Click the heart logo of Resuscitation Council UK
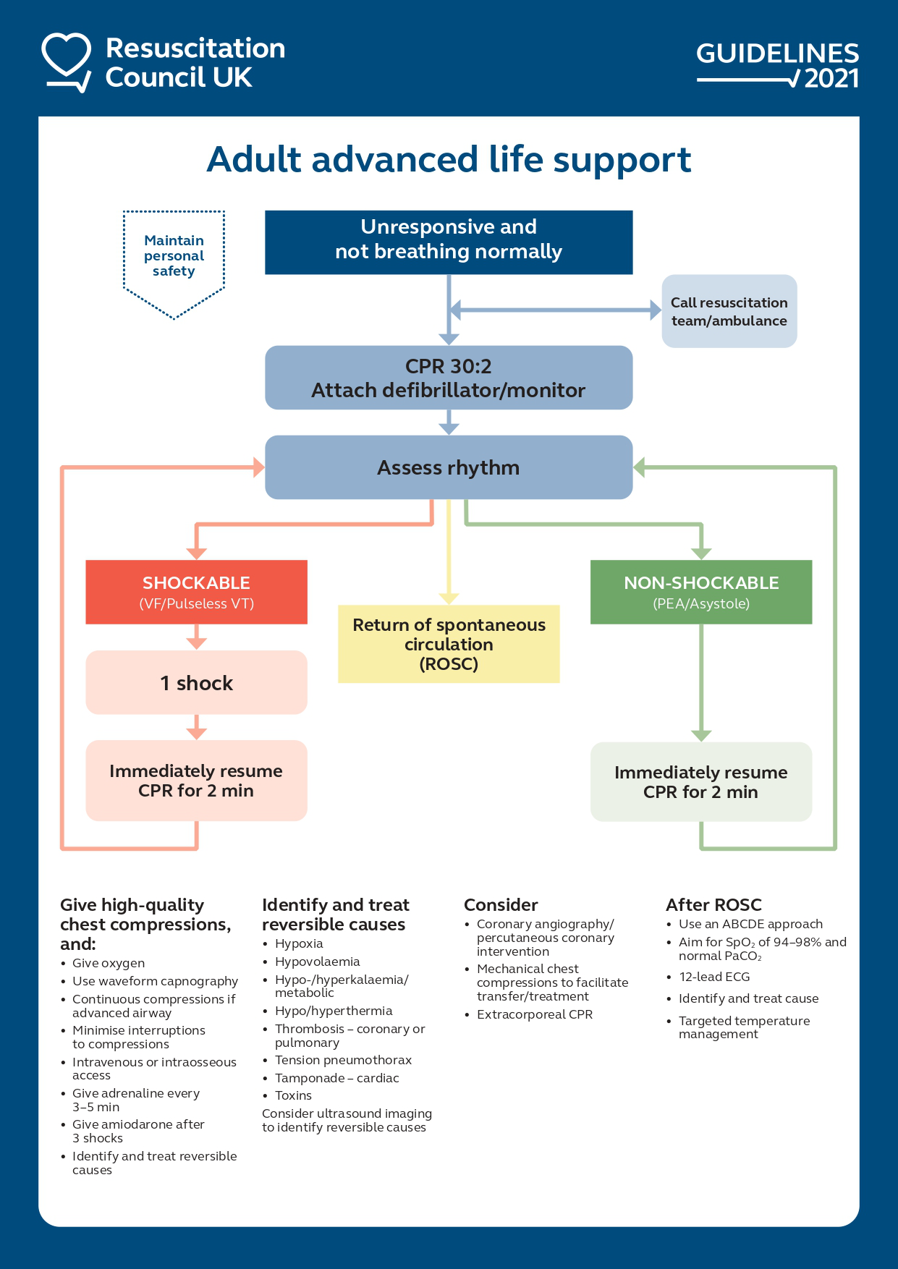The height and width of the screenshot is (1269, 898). click(x=67, y=61)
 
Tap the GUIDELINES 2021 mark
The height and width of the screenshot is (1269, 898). click(x=777, y=65)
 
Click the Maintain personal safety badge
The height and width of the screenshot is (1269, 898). click(x=174, y=257)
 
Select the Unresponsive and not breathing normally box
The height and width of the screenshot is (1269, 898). click(x=449, y=242)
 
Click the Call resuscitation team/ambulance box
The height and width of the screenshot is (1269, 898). click(x=729, y=311)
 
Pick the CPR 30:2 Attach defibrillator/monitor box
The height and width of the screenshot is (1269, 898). click(x=449, y=378)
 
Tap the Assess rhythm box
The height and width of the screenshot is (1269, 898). click(x=449, y=467)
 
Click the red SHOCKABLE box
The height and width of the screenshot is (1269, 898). click(x=196, y=592)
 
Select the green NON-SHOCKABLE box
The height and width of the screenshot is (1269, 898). click(x=700, y=592)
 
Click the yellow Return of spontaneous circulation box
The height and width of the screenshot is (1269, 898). click(x=449, y=644)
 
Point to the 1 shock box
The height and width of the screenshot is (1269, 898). click(x=196, y=682)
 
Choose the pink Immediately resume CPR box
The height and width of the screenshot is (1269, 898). click(x=196, y=781)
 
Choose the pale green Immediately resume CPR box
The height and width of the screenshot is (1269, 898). click(x=700, y=782)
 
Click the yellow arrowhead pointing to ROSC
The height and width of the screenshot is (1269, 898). click(x=449, y=598)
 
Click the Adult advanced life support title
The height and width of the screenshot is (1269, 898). click(x=449, y=160)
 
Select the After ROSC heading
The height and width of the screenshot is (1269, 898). click(x=713, y=905)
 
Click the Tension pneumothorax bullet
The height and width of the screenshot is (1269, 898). click(x=343, y=1060)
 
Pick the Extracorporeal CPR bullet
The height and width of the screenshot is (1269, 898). click(x=534, y=1014)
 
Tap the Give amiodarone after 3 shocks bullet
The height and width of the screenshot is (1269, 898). click(x=137, y=1131)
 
